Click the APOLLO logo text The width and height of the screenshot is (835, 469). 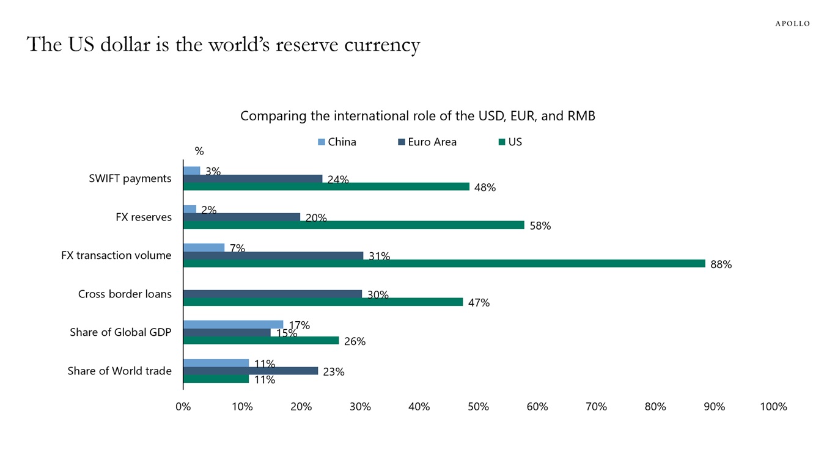point(792,24)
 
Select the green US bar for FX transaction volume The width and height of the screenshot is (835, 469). point(444,264)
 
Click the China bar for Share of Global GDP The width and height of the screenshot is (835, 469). point(233,324)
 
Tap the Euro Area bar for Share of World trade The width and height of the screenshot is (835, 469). point(250,371)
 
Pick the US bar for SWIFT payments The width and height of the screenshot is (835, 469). point(326,187)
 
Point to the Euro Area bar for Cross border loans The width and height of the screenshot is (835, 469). point(272,294)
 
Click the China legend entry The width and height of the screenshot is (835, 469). point(337,142)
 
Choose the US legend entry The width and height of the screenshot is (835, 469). point(510,142)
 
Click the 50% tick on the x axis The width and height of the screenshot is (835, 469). point(478,407)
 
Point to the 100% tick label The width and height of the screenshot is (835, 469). point(773,407)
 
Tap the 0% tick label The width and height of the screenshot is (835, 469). point(183,407)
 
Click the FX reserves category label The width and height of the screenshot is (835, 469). point(144,217)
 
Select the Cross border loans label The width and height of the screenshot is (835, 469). point(125,294)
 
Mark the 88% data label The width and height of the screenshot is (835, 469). point(721,265)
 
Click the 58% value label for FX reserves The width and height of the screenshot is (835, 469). point(540,226)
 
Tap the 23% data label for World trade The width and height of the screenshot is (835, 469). point(334,372)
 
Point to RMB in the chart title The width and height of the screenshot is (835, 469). point(581,115)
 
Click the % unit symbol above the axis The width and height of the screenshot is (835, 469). point(199,151)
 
